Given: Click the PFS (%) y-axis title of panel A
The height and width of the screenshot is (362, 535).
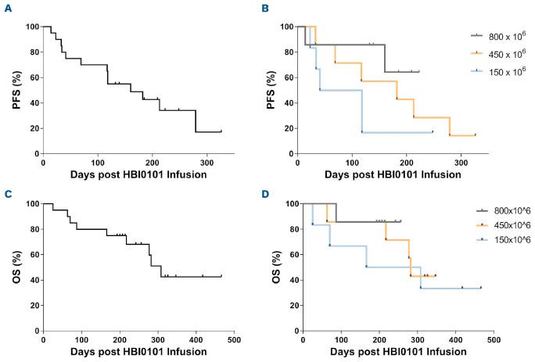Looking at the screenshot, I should tap(11, 90).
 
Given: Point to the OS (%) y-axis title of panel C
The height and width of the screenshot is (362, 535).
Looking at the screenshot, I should tap(11, 267).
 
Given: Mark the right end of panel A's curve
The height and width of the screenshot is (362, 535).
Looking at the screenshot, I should tap(221, 131).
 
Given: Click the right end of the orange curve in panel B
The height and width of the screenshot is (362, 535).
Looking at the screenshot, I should tap(475, 135).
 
